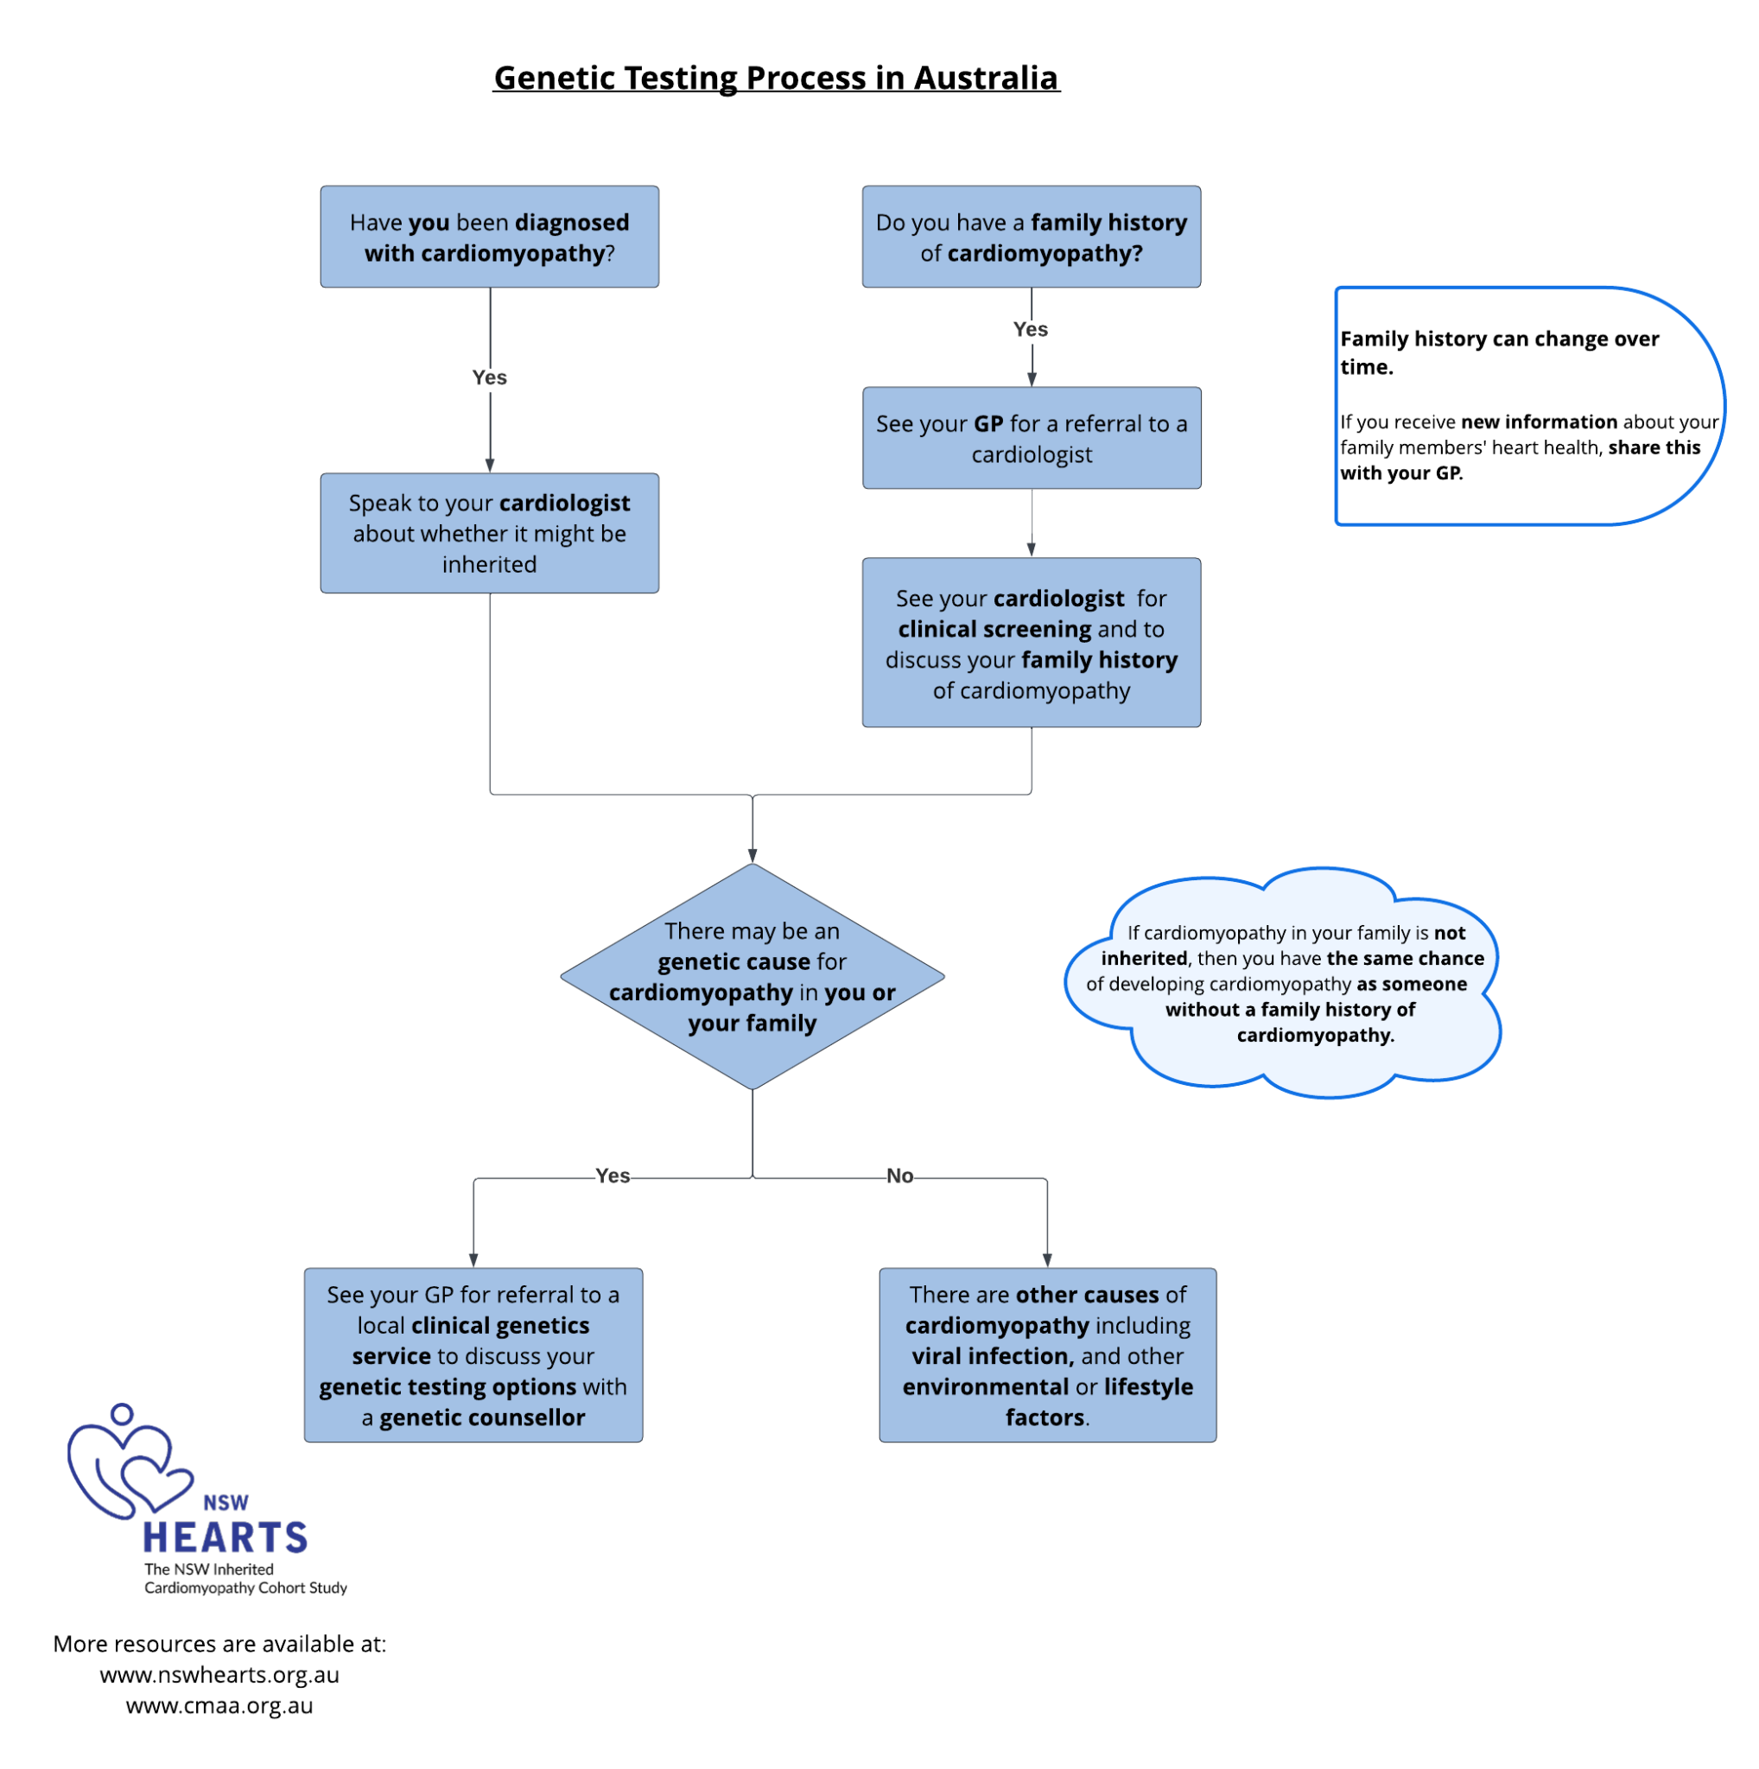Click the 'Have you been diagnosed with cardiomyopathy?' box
pos(489,238)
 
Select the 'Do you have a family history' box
pos(1031,238)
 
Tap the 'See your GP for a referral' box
pos(1031,438)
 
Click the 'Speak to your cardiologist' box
pos(489,533)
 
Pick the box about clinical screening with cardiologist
pos(1031,643)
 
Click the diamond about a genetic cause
pos(752,976)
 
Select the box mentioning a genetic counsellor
pos(473,1355)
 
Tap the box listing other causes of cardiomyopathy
pos(1047,1355)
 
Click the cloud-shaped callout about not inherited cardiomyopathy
pos(1282,985)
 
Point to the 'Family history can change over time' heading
pos(1499,352)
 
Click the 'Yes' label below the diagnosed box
pos(489,377)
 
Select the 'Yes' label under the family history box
pos(1030,329)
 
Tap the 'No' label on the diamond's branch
pos(899,1175)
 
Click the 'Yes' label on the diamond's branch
pos(612,1175)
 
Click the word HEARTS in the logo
pos(225,1538)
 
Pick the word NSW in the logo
pos(225,1503)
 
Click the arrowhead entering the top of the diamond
pos(752,856)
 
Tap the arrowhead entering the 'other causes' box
pos(1046,1260)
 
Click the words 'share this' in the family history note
pos(1654,447)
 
